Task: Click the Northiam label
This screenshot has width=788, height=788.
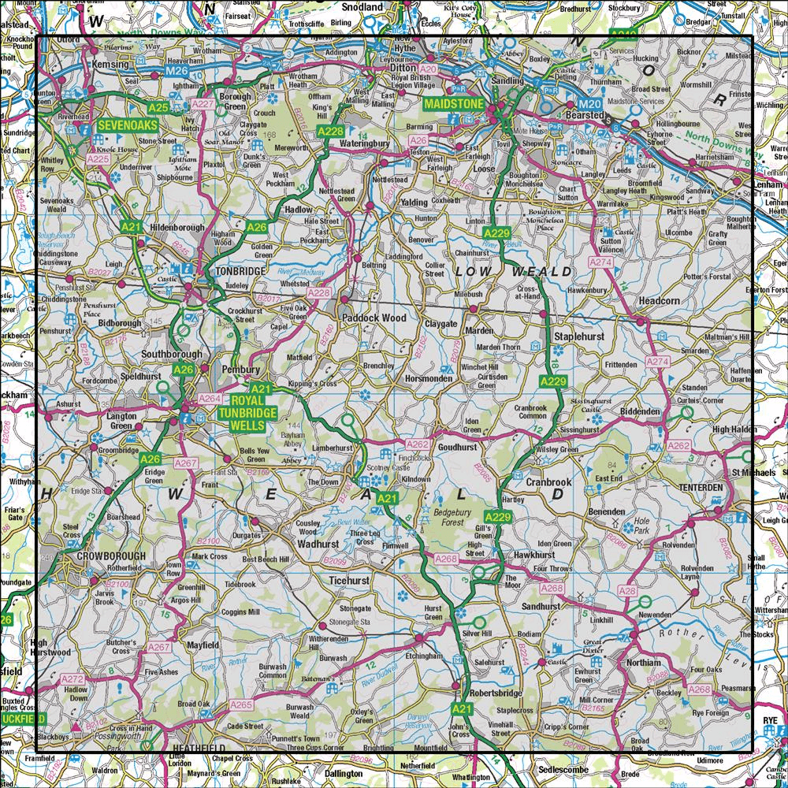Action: pyautogui.click(x=643, y=663)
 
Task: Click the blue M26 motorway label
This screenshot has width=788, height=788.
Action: pyautogui.click(x=177, y=72)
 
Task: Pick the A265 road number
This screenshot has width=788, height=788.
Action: pyautogui.click(x=241, y=704)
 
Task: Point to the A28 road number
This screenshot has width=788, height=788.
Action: pyautogui.click(x=627, y=591)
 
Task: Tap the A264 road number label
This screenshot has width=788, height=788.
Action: pyautogui.click(x=210, y=399)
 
